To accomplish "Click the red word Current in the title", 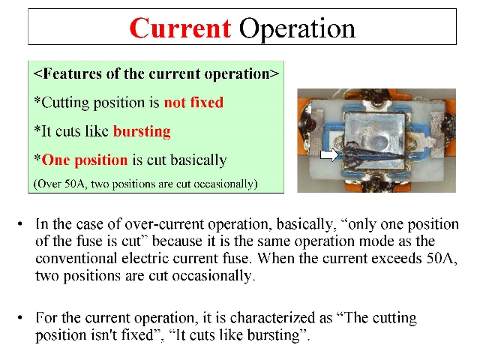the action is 180,28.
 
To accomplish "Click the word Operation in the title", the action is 297,29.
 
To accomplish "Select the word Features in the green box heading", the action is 72,73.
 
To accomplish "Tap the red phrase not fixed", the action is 193,102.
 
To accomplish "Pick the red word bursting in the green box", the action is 142,132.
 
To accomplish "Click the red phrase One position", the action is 85,160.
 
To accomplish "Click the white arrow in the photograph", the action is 329,155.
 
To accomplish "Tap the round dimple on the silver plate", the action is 379,142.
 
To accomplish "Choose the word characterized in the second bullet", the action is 272,318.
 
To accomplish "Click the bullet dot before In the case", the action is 20,224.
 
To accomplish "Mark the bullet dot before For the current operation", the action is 20,318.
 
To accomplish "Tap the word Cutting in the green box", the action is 65,103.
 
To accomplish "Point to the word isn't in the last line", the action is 103,335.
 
